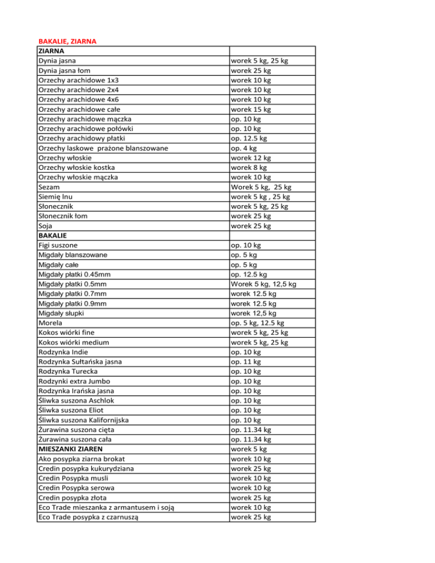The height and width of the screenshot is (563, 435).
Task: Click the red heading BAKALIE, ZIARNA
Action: click(67, 41)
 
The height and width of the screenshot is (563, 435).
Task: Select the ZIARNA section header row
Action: click(51, 51)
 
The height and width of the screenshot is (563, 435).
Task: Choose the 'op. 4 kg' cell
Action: click(244, 148)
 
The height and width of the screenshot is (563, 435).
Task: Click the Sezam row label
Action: click(49, 187)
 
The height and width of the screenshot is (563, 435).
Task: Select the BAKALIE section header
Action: click(53, 236)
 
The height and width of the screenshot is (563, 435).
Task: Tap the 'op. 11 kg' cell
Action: click(246, 361)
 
